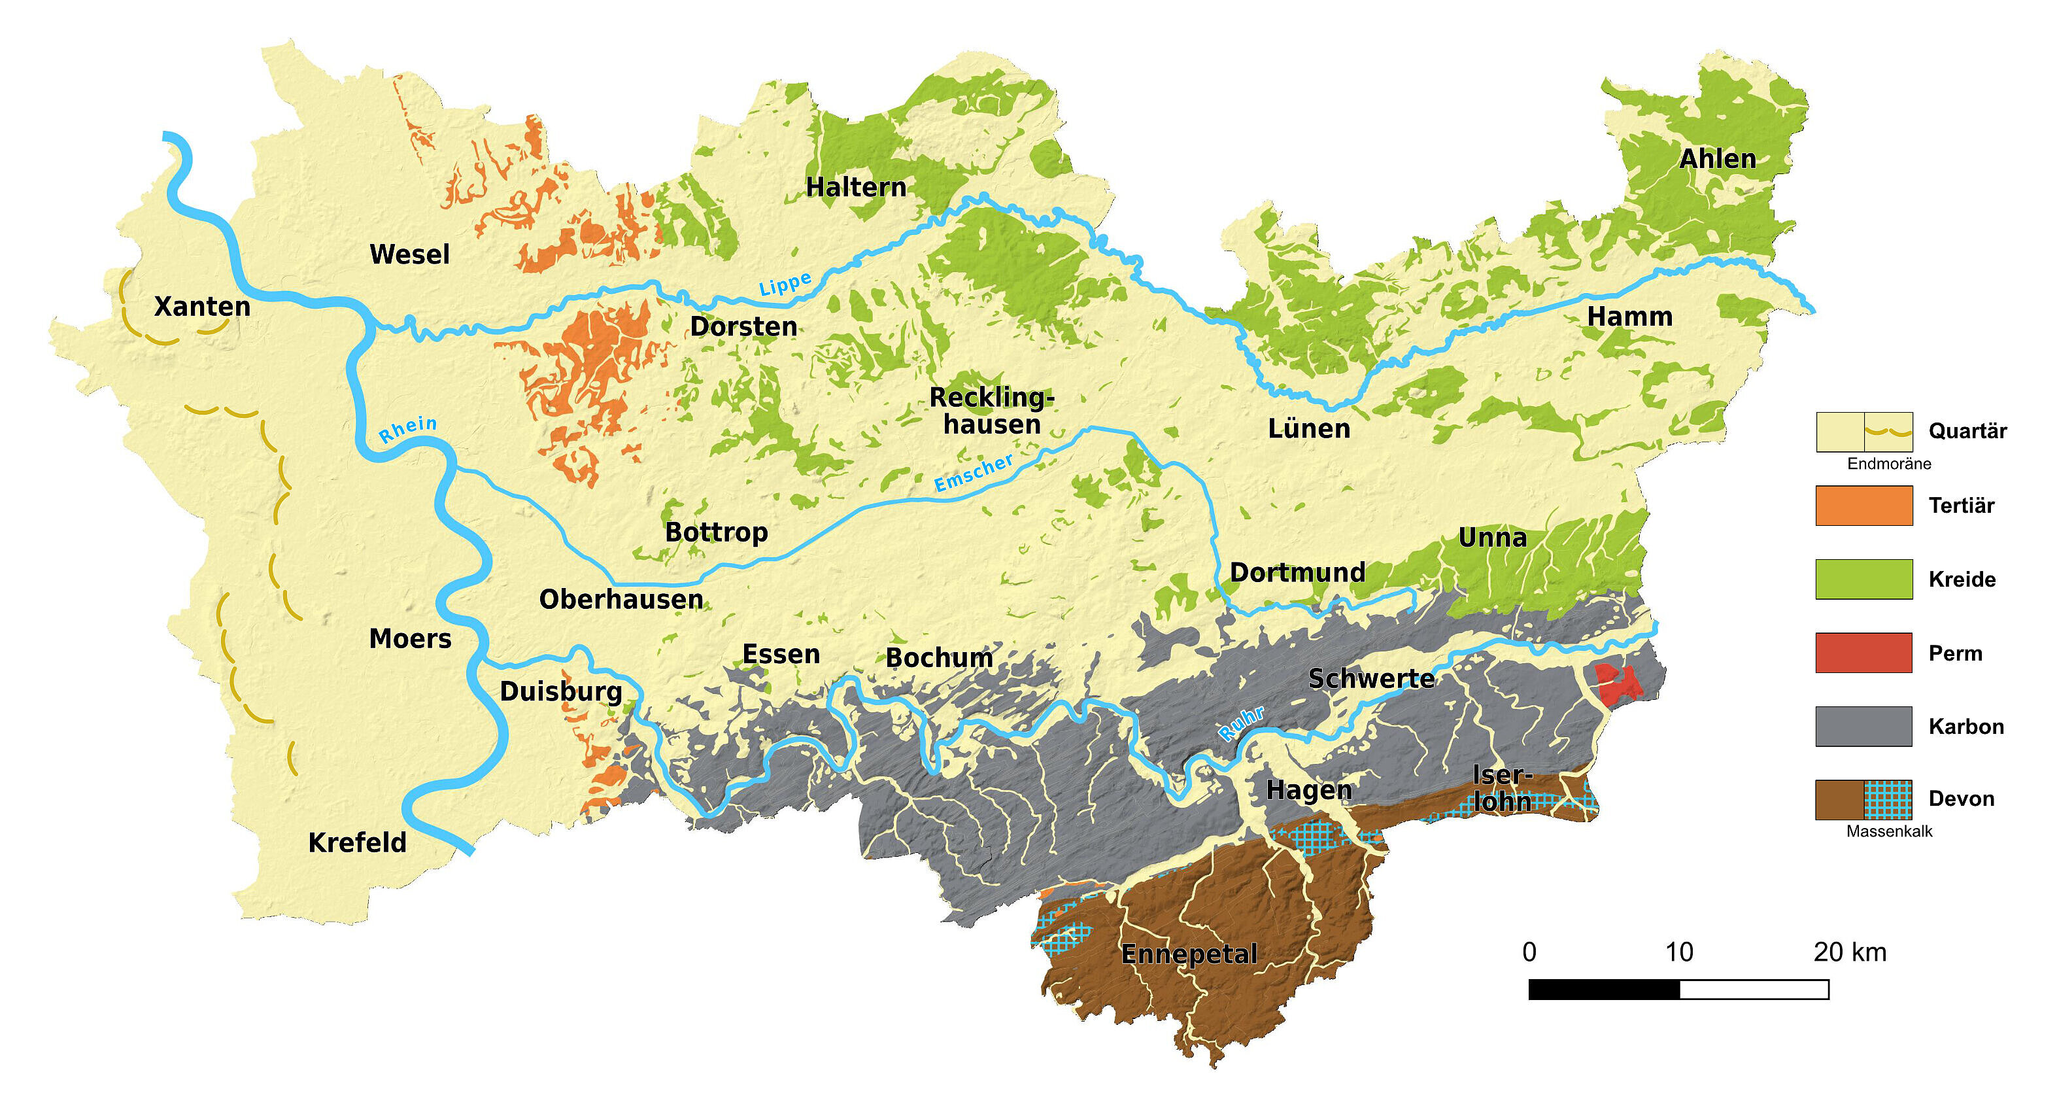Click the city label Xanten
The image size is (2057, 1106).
[202, 307]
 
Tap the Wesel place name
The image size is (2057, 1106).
[410, 254]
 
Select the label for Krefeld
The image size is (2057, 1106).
[357, 842]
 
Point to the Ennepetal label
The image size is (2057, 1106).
[1189, 954]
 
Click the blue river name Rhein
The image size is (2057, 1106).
[407, 429]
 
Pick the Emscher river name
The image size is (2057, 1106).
[974, 473]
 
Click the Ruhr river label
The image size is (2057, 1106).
[1241, 723]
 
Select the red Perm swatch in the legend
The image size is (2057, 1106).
[1863, 653]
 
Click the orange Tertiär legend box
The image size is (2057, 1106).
[1863, 506]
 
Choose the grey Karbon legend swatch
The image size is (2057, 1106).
[1863, 726]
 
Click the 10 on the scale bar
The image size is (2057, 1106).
[1678, 952]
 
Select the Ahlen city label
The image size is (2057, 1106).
[1717, 159]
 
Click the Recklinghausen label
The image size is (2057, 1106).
[992, 411]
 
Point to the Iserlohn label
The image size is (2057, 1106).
[1501, 788]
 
